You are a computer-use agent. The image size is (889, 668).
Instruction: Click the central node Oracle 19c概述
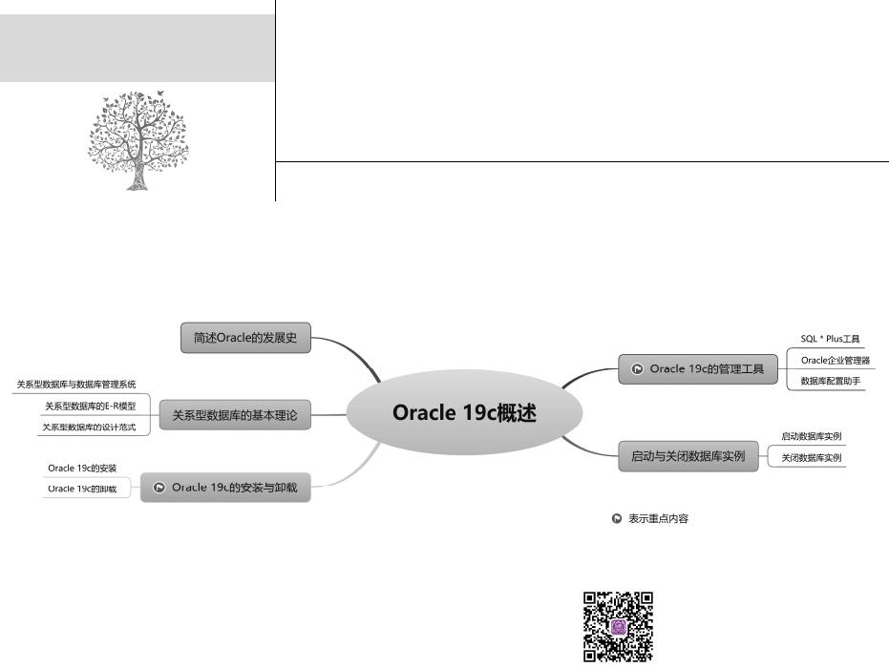pyautogui.click(x=464, y=413)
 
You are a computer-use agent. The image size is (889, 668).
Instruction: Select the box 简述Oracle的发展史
pyautogui.click(x=245, y=337)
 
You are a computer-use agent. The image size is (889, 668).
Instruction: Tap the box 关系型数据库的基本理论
pyautogui.click(x=235, y=415)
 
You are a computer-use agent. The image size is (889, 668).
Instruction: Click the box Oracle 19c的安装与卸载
pyautogui.click(x=225, y=487)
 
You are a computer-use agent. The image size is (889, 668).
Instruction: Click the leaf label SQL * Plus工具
pyautogui.click(x=830, y=339)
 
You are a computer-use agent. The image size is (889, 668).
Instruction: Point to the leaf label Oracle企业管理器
pyautogui.click(x=835, y=360)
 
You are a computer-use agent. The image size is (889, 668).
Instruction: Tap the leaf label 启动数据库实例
pyautogui.click(x=811, y=436)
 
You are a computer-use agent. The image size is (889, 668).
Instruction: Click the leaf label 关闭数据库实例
pyautogui.click(x=811, y=458)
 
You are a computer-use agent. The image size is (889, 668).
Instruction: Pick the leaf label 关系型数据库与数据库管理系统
pyautogui.click(x=76, y=385)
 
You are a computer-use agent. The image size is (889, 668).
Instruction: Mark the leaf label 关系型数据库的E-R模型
pyautogui.click(x=90, y=406)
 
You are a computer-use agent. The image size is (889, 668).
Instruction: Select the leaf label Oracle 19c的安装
pyautogui.click(x=82, y=468)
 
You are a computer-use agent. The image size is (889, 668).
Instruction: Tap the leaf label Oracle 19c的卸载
pyautogui.click(x=82, y=489)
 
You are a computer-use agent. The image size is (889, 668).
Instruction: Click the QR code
pyautogui.click(x=618, y=626)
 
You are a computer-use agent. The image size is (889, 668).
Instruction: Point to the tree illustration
pyautogui.click(x=138, y=140)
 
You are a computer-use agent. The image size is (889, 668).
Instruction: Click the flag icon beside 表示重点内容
pyautogui.click(x=617, y=518)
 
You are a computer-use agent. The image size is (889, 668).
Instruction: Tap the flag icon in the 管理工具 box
pyautogui.click(x=637, y=369)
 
